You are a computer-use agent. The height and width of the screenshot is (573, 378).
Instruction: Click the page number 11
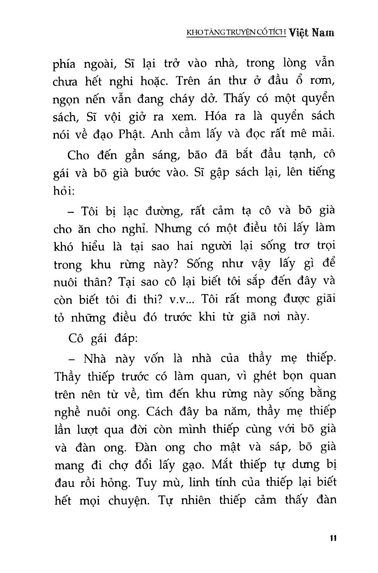coord(332,538)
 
